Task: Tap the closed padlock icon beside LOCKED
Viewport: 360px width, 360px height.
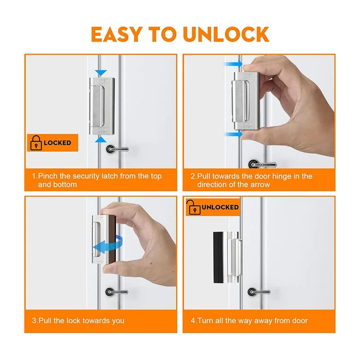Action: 35,143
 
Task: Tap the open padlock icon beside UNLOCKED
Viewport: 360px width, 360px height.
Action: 193,207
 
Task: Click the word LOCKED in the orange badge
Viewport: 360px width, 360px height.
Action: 57,143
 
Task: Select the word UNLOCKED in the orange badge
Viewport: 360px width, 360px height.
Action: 220,207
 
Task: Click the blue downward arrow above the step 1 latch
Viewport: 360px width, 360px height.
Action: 102,72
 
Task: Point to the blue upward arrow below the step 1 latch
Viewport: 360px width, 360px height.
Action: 102,140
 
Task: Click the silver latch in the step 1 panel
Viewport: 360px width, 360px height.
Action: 102,106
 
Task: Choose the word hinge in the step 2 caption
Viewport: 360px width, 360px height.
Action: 276,176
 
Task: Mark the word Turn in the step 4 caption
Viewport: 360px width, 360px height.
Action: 205,320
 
